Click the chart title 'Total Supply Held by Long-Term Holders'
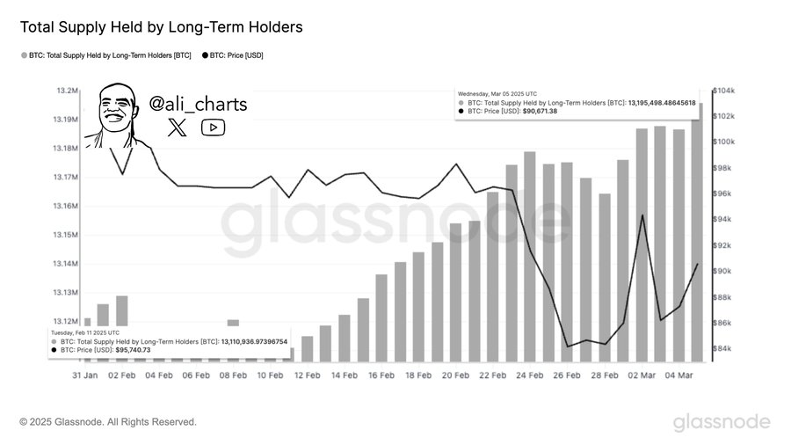point(161,27)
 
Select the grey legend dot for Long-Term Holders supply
point(23,55)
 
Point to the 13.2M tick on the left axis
point(68,91)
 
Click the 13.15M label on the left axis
point(66,235)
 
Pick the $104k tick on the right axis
point(722,91)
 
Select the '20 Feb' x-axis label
point(456,376)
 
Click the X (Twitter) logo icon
point(177,128)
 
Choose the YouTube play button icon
point(214,128)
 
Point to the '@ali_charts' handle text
point(198,104)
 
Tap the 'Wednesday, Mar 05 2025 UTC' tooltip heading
point(497,93)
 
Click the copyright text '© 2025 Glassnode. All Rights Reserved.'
point(108,422)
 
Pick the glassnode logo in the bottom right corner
point(722,422)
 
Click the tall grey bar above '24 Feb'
point(530,255)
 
